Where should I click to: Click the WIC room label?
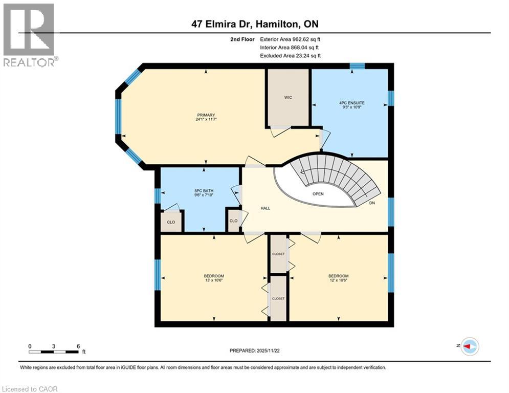click(x=288, y=97)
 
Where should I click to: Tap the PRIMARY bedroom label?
click(x=206, y=115)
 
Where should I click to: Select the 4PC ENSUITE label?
click(x=352, y=103)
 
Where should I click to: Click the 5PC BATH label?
click(x=204, y=191)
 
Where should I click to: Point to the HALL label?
click(x=265, y=208)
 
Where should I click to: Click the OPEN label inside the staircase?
click(x=318, y=194)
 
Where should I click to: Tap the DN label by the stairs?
click(x=372, y=203)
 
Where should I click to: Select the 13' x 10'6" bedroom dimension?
click(x=214, y=280)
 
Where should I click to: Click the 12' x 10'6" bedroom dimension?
click(x=338, y=280)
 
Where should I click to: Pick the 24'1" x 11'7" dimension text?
click(x=206, y=119)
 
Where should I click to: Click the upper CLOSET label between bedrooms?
click(x=278, y=254)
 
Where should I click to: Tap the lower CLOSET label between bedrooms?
click(x=278, y=298)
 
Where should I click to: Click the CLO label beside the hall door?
click(x=233, y=221)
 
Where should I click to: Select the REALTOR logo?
click(x=30, y=35)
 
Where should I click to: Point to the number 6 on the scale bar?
click(x=78, y=346)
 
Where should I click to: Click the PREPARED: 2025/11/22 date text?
click(x=255, y=351)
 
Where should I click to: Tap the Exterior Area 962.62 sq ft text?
click(x=290, y=39)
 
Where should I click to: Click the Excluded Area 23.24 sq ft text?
click(x=290, y=56)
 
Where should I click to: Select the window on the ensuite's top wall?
click(x=357, y=66)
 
